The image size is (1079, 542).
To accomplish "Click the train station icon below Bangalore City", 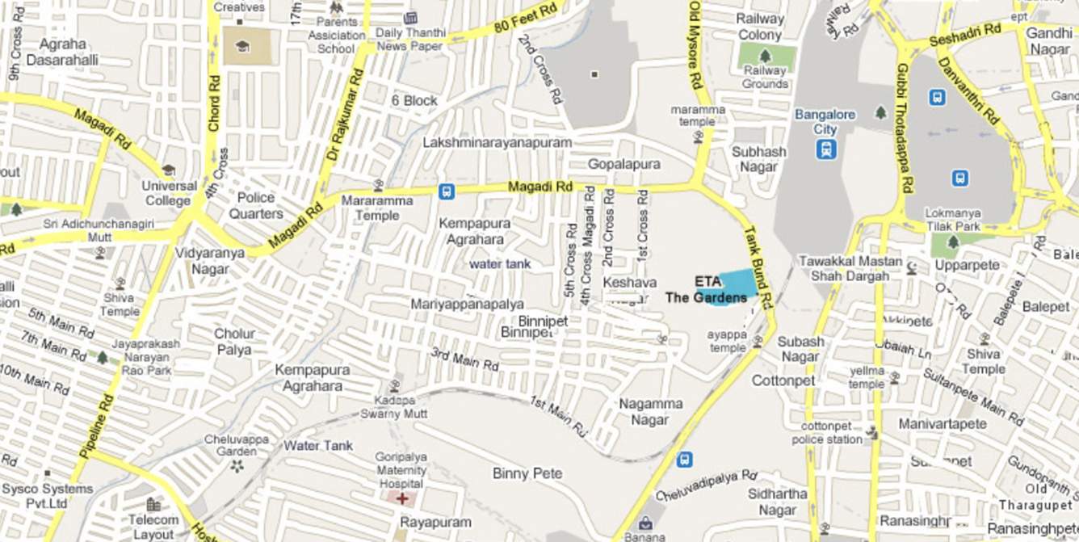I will coord(825,149).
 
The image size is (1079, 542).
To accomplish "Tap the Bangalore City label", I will coord(825,122).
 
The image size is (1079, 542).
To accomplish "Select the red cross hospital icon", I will coord(401,498).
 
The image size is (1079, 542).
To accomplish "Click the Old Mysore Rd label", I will coord(694,44).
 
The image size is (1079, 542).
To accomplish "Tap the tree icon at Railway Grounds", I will coord(765,57).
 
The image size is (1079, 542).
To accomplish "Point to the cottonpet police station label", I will coord(831,433).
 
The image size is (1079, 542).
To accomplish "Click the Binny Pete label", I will coord(527,473).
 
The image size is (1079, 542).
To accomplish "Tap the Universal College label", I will coord(169,193).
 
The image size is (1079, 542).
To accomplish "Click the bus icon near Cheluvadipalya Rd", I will coord(684,460).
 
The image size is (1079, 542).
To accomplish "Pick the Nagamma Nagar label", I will coord(650,411).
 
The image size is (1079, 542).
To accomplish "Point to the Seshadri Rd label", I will coord(965,34).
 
